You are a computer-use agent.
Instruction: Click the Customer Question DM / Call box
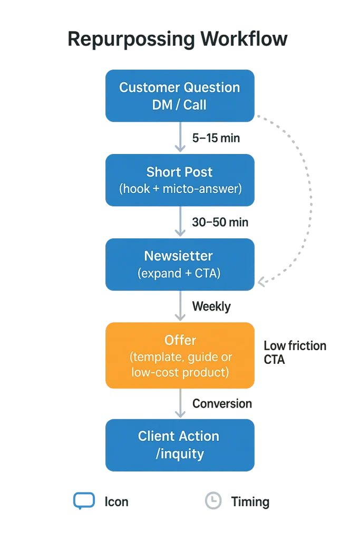click(180, 96)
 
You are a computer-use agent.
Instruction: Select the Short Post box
click(180, 180)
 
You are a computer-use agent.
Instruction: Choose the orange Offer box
click(180, 356)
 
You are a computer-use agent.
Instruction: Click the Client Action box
click(180, 445)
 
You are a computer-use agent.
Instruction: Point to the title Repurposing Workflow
click(178, 40)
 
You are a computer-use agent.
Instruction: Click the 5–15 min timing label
click(216, 139)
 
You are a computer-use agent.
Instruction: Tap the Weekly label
click(211, 306)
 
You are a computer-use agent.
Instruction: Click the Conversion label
click(222, 404)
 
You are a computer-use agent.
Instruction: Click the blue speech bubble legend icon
click(84, 502)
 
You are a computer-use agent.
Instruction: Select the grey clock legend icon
click(213, 501)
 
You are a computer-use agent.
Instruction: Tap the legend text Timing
click(250, 502)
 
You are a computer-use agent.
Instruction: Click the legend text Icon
click(114, 502)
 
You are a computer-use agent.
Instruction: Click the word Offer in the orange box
click(180, 340)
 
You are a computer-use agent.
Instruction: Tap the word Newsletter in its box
click(178, 256)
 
